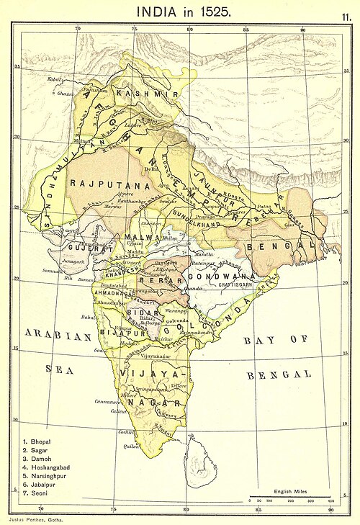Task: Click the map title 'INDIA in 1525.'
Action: (180, 12)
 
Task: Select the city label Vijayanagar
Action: (156, 356)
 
